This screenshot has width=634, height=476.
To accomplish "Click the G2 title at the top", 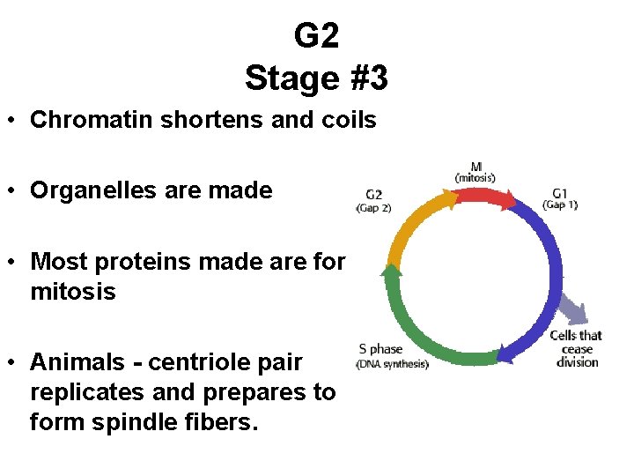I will pyautogui.click(x=316, y=35).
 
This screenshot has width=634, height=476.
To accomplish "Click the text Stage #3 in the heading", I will pyautogui.click(x=316, y=78).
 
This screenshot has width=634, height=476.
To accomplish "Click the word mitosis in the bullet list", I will pyautogui.click(x=72, y=291).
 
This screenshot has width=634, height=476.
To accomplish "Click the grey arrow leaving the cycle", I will pyautogui.click(x=572, y=309).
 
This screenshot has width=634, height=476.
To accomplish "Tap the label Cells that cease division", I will pyautogui.click(x=577, y=348).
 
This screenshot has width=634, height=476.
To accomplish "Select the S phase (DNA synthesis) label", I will pyautogui.click(x=392, y=355).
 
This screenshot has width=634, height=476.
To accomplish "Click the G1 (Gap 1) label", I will pyautogui.click(x=560, y=197).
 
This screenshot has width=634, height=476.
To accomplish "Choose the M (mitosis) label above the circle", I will pyautogui.click(x=475, y=171).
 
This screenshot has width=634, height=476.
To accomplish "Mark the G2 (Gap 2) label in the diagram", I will pyautogui.click(x=373, y=201).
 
